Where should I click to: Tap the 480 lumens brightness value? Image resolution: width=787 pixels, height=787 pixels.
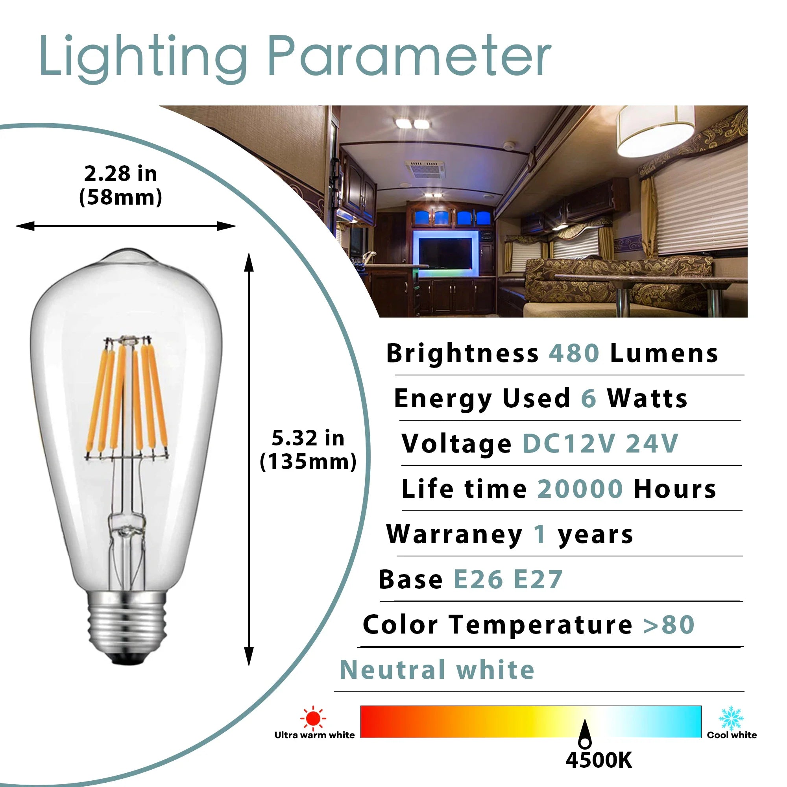pos(574,353)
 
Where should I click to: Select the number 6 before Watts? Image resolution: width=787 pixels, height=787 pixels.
pos(589,398)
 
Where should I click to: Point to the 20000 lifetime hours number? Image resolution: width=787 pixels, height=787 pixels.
pos(580,489)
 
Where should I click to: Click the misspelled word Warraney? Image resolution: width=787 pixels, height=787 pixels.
pos(454,535)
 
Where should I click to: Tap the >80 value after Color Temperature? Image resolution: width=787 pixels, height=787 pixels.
pos(669,625)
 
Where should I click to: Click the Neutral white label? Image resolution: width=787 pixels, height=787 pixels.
pos(437,670)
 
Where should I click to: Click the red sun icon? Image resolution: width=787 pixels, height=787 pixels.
pos(313,718)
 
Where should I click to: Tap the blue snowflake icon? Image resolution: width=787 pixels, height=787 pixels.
pos(731,718)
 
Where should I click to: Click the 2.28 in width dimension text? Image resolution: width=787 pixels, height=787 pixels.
pos(120,174)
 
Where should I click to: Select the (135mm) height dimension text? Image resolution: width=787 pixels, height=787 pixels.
pos(308,462)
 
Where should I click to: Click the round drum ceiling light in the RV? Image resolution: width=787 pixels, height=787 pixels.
pos(656,131)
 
